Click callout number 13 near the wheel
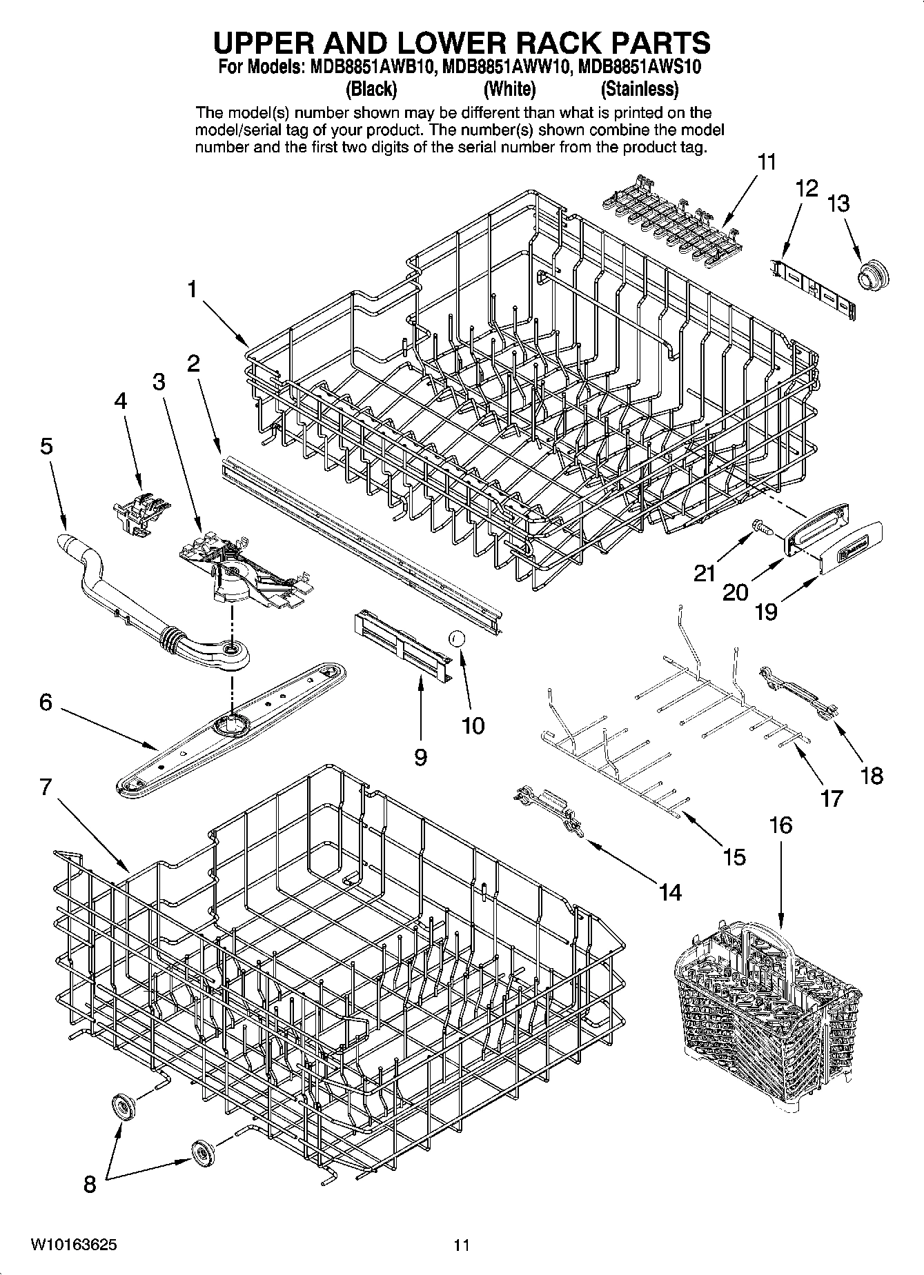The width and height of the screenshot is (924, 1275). tap(838, 203)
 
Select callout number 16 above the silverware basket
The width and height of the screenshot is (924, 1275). tap(780, 825)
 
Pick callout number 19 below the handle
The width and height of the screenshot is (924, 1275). tap(766, 611)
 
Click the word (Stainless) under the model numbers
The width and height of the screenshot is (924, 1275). tap(639, 89)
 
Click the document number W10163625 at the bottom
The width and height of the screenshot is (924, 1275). tap(73, 1245)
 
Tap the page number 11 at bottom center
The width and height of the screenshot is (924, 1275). tap(462, 1245)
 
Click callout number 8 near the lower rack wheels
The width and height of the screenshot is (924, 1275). tap(90, 1185)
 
